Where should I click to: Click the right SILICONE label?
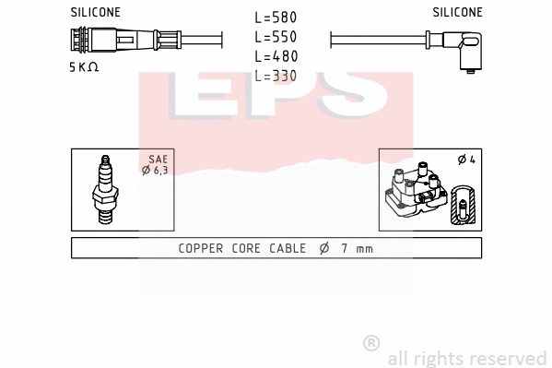tap(457, 13)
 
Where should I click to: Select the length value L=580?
tap(276, 18)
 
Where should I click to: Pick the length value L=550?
tap(276, 37)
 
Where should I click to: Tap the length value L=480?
tap(276, 56)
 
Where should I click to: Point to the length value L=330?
tap(276, 76)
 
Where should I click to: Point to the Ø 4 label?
tap(465, 160)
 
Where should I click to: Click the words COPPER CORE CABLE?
tap(236, 248)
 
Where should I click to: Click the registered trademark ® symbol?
tap(371, 342)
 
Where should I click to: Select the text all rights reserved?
tap(466, 358)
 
